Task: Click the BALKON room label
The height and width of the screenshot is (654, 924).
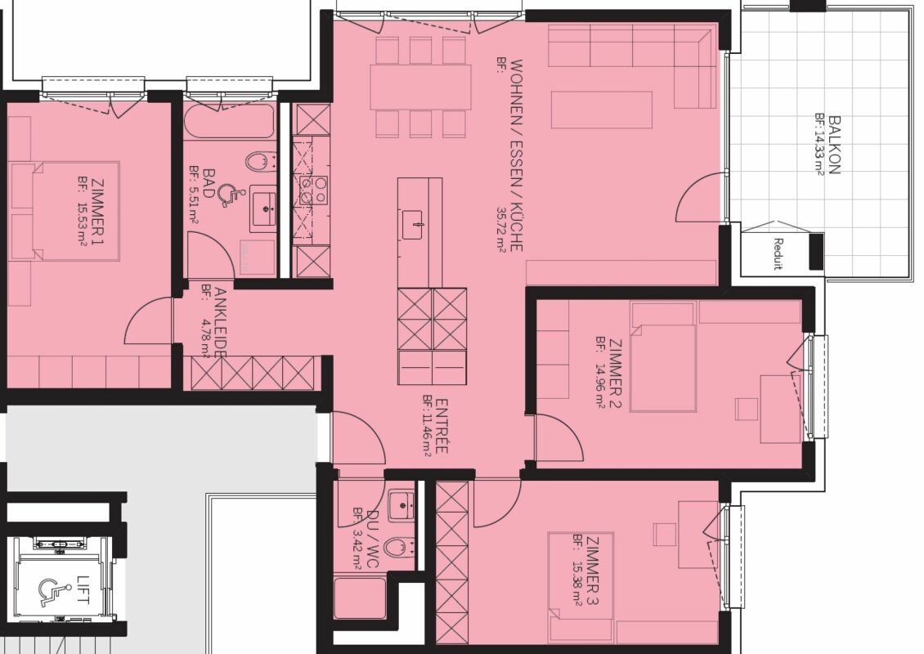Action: (834, 145)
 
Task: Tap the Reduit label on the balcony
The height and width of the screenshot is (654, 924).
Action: (778, 253)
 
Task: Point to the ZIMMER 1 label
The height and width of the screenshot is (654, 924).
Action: (97, 212)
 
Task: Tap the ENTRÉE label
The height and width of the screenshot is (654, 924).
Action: (442, 427)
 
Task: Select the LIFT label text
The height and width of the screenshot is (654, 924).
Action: (82, 589)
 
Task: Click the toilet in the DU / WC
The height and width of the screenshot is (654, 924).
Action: (403, 548)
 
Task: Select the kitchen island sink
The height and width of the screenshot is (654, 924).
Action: (413, 225)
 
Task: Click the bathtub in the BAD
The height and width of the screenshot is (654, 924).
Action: (229, 121)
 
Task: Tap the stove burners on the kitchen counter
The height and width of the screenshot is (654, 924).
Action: (313, 190)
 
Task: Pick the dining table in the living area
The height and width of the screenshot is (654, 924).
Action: (421, 87)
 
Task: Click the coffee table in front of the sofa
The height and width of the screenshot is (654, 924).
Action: (602, 110)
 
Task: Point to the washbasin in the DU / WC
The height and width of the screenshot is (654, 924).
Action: (401, 505)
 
